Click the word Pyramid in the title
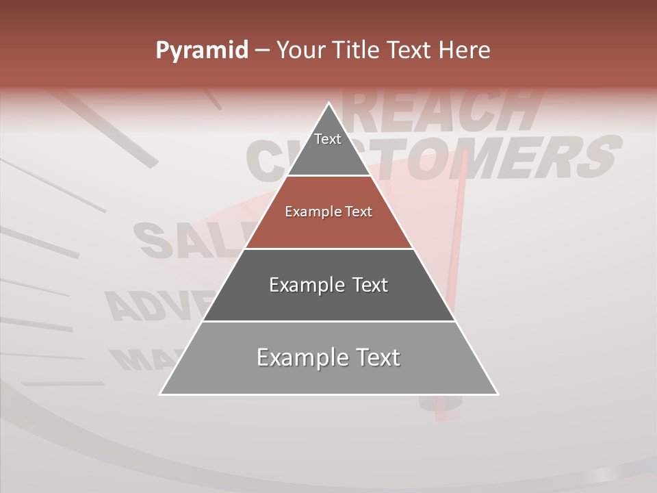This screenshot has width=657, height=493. point(202,51)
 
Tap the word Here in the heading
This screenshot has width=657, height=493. point(465,51)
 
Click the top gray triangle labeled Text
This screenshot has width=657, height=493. point(328,147)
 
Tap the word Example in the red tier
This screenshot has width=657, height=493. point(311,212)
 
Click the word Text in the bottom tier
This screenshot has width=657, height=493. point(373,357)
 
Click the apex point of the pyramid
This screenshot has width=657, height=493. point(329,103)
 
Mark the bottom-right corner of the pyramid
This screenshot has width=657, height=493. point(498,394)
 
